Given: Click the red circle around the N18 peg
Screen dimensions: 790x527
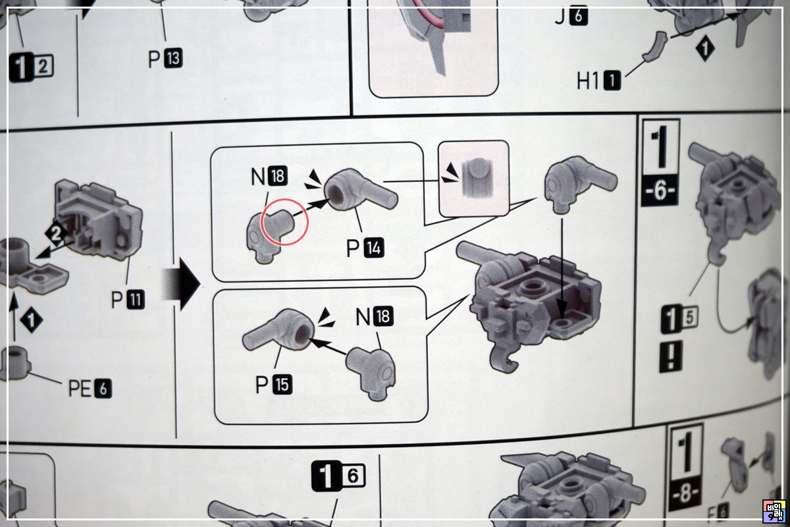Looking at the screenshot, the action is tap(285, 222).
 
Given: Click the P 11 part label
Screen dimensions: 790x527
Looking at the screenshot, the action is tap(127, 300).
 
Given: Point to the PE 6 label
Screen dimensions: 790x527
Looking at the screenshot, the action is tap(90, 389).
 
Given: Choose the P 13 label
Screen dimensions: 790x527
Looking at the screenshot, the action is tap(165, 60).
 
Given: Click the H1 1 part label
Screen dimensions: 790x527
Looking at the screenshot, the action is tap(598, 82).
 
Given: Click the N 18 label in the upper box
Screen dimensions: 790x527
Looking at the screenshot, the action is tap(268, 177).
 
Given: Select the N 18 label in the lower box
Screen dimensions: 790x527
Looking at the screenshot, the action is tap(373, 317).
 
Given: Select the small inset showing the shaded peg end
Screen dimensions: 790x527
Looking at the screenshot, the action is tap(473, 179).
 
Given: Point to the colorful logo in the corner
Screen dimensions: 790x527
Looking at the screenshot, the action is tap(774, 511).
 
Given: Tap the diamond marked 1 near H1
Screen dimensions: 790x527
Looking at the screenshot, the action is tap(706, 49).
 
